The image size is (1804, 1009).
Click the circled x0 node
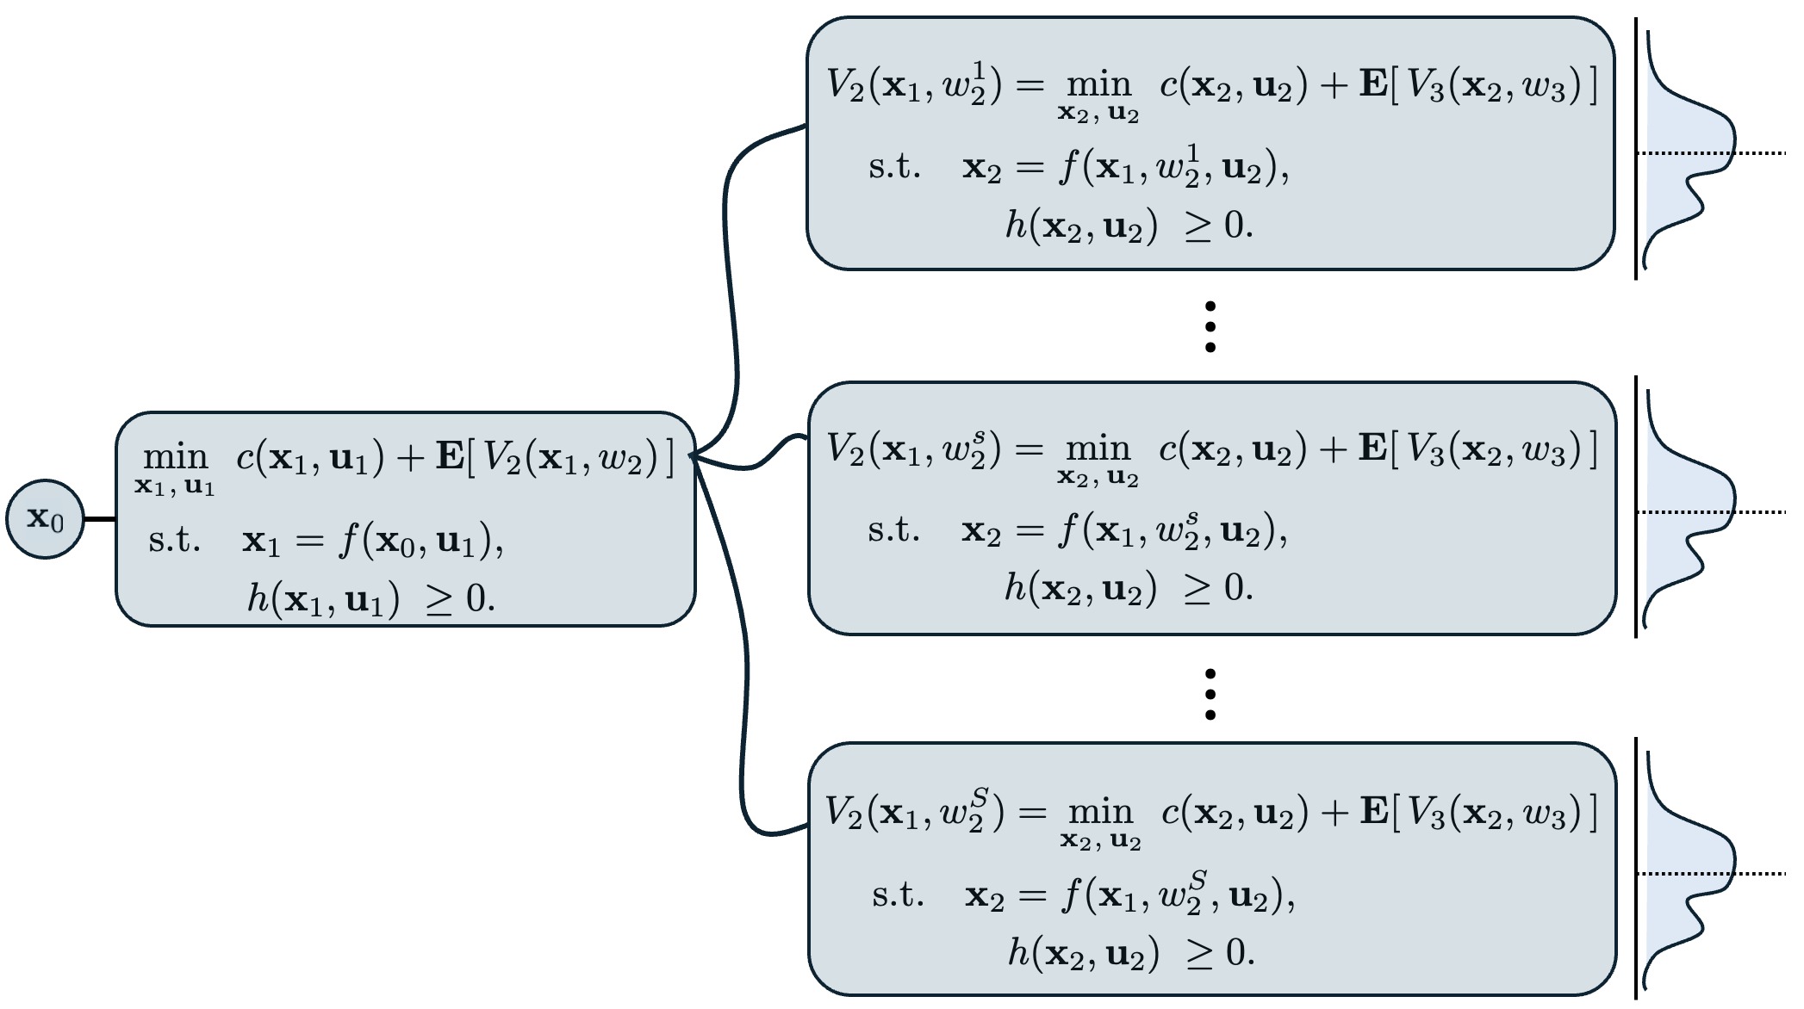[45, 519]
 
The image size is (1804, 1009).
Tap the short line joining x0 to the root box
[100, 519]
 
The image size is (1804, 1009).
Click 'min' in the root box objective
[176, 456]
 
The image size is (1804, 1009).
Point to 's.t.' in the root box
[174, 541]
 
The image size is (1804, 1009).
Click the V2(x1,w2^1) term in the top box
[914, 87]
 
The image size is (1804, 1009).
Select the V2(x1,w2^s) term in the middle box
[914, 449]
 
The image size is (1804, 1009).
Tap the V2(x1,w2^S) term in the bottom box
[914, 812]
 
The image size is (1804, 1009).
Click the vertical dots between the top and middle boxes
[1210, 327]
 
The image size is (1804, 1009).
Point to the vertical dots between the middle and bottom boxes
[1210, 694]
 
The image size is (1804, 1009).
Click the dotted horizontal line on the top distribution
[1757, 153]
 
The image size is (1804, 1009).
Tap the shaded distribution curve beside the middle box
[1680, 508]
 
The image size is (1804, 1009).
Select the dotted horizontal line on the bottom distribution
[1757, 874]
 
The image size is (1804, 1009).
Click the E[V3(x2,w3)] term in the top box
[1478, 87]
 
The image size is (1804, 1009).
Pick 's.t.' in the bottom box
[898, 895]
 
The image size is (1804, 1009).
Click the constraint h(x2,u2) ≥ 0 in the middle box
[1129, 589]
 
